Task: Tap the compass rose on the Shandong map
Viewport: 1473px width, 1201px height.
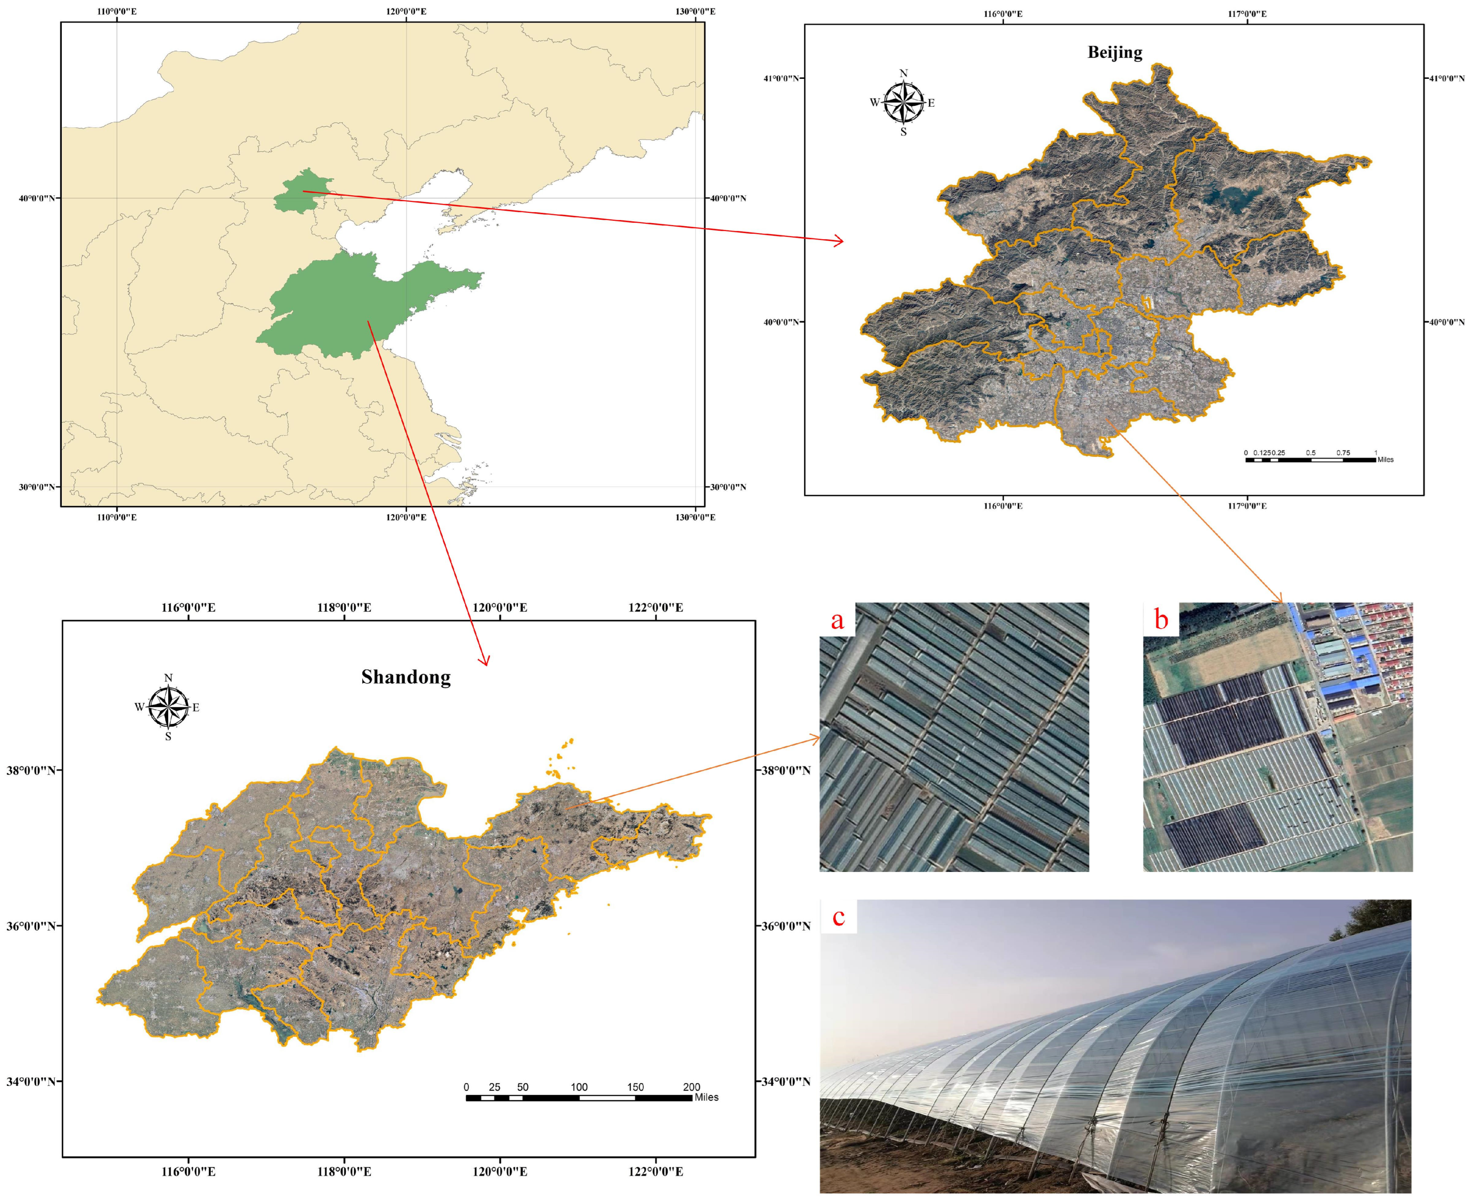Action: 168,707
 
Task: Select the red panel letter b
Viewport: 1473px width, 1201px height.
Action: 1161,619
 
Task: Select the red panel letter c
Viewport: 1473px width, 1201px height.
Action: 838,917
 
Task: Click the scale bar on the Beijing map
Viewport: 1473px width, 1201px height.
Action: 1310,459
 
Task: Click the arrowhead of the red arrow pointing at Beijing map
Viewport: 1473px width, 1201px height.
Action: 840,241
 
